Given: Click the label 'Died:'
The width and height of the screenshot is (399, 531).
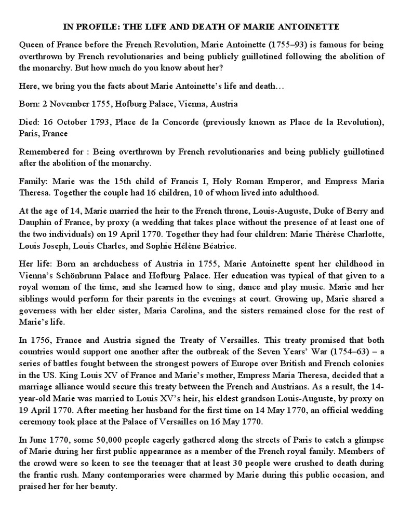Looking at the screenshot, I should tap(30, 122).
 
